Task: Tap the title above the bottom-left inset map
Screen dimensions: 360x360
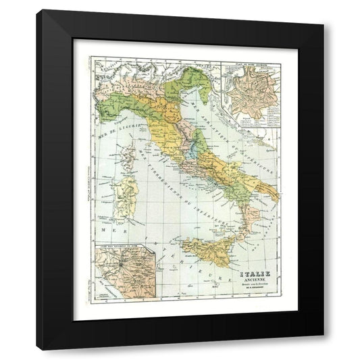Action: coord(120,255)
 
